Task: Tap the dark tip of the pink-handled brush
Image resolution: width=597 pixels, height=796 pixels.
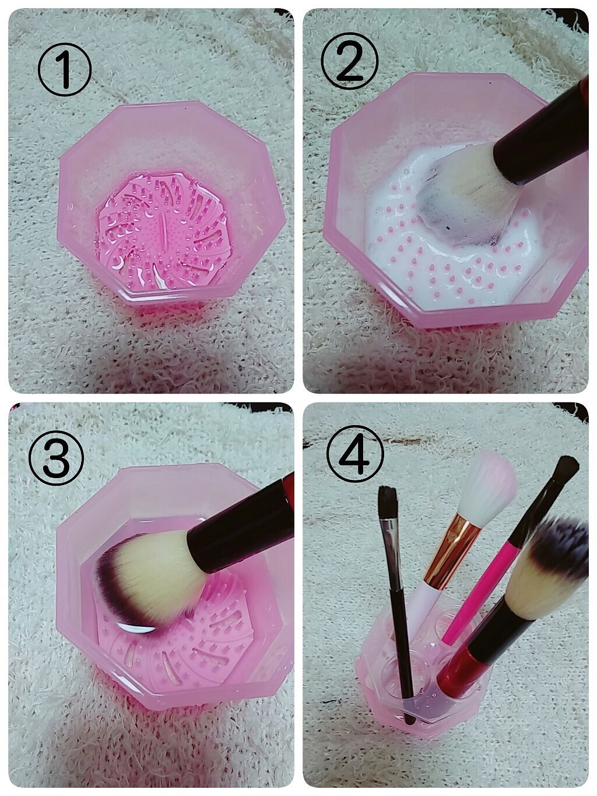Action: [x=564, y=471]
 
